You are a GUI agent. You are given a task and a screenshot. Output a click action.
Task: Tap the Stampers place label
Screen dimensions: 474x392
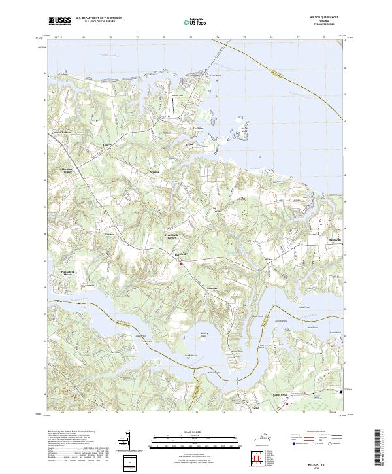[196, 286]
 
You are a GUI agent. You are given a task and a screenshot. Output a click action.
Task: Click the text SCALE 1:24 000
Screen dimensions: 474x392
[186, 431]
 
